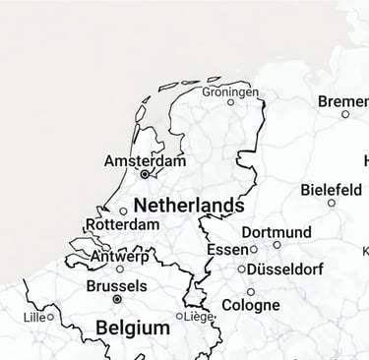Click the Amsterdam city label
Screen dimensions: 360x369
pos(145,160)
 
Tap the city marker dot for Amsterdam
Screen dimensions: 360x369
pos(145,174)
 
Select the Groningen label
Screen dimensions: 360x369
pos(230,91)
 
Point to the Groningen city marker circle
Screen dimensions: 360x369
pos(231,101)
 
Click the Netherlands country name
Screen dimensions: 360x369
pos(188,206)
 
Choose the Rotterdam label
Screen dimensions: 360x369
pos(122,224)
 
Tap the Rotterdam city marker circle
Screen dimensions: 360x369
pos(123,210)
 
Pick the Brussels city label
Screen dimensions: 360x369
pos(116,286)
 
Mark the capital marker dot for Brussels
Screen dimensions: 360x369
pos(117,298)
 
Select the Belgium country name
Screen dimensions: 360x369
pos(132,328)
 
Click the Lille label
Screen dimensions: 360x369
pos(33,317)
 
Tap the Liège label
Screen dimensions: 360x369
pos(199,317)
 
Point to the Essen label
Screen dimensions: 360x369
pos(227,250)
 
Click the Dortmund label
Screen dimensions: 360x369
pos(276,233)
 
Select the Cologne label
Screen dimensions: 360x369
pos(250,305)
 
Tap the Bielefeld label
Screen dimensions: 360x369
pos(331,190)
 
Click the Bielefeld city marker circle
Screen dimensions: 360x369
pos(332,203)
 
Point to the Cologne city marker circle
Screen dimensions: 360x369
pos(251,292)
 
